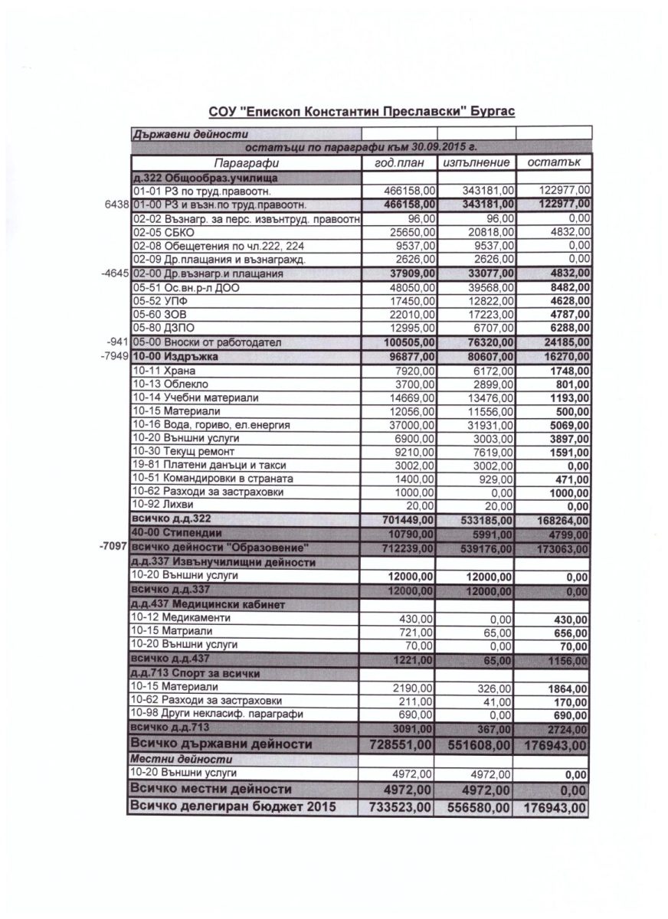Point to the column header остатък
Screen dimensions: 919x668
pyautogui.click(x=552, y=163)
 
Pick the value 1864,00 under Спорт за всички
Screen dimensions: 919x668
pyautogui.click(x=568, y=688)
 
